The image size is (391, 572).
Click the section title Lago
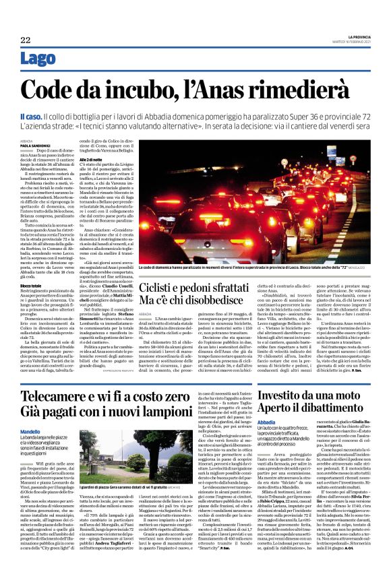37,59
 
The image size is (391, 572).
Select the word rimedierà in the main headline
311,89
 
